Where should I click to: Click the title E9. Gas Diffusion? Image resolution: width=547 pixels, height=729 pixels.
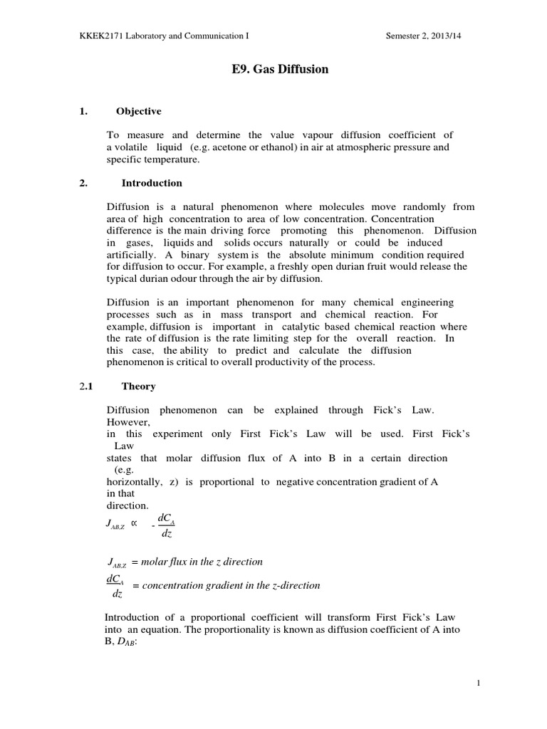[273, 70]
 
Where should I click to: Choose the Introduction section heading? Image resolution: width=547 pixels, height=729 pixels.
[152, 183]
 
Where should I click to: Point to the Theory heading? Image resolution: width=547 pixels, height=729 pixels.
[138, 387]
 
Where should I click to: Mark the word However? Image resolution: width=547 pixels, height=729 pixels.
[126, 421]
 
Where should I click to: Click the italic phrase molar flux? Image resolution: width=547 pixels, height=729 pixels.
[165, 562]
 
